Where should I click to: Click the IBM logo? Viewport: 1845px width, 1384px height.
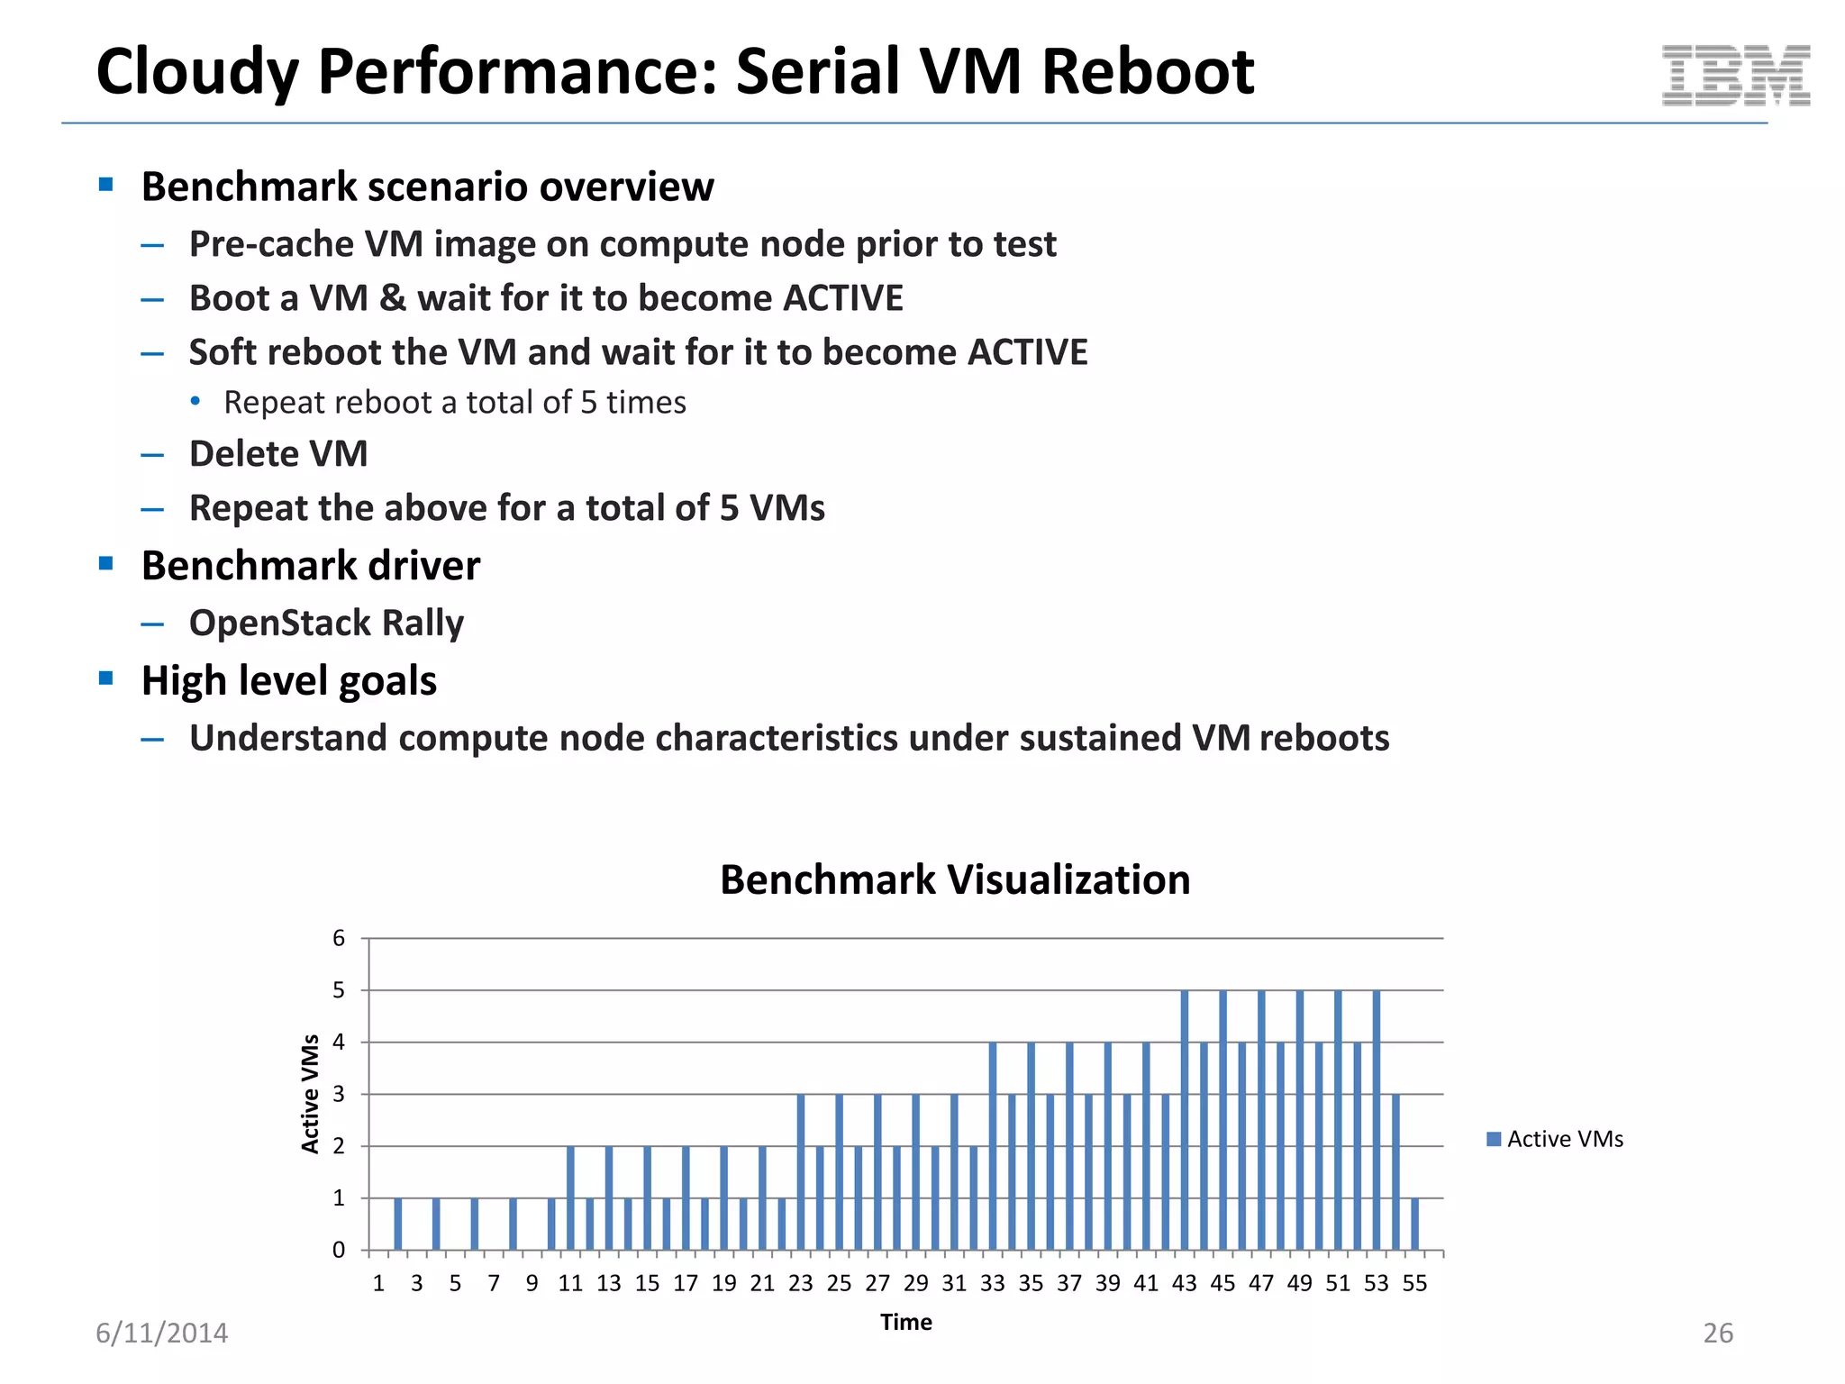[1735, 76]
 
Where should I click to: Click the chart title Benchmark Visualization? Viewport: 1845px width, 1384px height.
[955, 880]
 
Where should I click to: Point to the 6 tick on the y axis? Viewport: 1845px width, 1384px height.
[339, 939]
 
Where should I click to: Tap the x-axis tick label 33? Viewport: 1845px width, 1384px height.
[992, 1284]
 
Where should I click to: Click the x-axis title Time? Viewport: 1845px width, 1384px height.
[906, 1323]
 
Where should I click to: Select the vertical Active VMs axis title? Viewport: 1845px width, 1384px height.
[311, 1094]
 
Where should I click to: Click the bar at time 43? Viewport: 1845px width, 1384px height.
[1184, 1120]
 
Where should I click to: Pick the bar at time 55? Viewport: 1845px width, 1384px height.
[1414, 1224]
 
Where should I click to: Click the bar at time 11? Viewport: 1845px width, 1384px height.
[570, 1198]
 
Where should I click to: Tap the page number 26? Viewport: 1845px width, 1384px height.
[1718, 1334]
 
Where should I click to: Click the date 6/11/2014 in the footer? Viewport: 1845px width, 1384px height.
[162, 1334]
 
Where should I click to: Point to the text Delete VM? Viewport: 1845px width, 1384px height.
[278, 454]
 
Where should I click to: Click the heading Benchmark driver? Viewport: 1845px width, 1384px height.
[311, 567]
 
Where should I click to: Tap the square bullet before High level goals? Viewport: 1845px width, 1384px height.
[106, 678]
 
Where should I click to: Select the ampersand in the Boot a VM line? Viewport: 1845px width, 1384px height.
[393, 299]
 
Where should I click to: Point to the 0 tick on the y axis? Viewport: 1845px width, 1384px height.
[339, 1251]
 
